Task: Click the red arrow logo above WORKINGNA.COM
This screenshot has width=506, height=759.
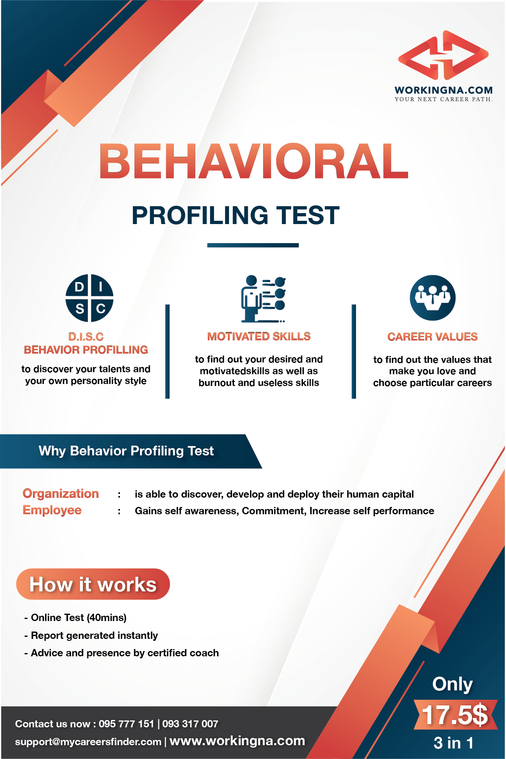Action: [443, 55]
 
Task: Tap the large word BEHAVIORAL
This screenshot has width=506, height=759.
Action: [254, 161]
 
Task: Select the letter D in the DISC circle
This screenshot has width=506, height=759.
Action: [80, 287]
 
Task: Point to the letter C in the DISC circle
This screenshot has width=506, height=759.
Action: [101, 309]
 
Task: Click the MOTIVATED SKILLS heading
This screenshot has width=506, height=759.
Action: [259, 336]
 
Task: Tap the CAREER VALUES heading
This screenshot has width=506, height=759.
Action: [432, 337]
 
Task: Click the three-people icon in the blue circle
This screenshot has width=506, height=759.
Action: [432, 298]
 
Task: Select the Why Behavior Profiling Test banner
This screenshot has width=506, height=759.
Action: [131, 451]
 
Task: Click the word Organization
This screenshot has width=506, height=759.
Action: [61, 494]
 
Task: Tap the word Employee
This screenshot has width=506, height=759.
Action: [52, 511]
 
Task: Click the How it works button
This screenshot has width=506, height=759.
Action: [93, 584]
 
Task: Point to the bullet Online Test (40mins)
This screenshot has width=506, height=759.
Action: [76, 618]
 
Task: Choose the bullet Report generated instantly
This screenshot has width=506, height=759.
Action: [91, 636]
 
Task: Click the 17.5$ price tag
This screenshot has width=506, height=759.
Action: [455, 714]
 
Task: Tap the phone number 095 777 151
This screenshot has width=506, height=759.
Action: [126, 724]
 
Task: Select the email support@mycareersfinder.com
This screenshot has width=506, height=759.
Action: [88, 742]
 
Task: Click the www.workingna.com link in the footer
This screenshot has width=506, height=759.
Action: [237, 741]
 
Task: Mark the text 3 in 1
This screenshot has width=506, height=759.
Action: [454, 743]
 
